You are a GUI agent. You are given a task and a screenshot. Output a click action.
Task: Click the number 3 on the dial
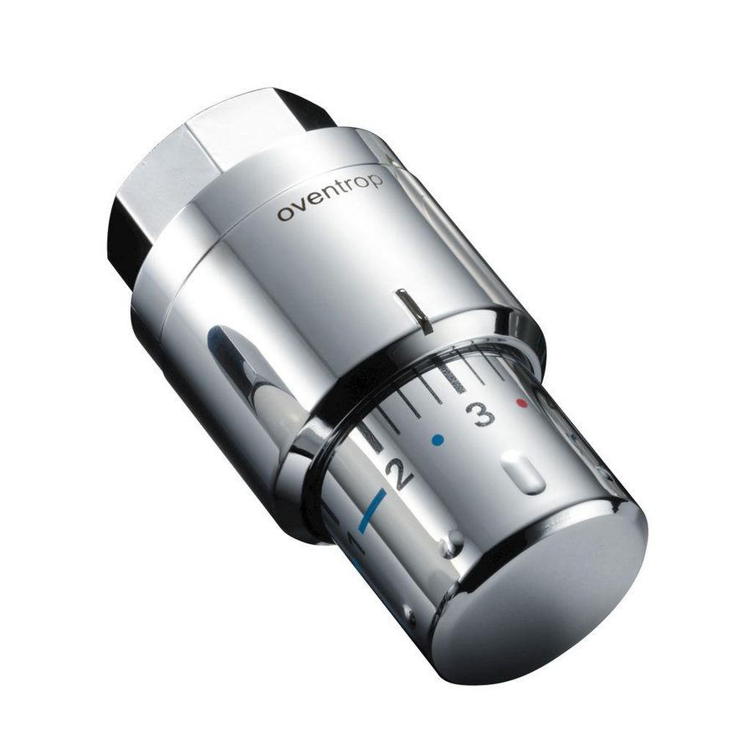tap(479, 413)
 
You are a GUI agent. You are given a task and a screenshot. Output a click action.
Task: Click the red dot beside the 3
tap(523, 403)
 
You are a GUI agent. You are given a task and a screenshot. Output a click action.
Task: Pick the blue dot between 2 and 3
tap(435, 438)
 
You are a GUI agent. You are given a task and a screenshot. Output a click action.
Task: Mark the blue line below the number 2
tap(371, 510)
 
